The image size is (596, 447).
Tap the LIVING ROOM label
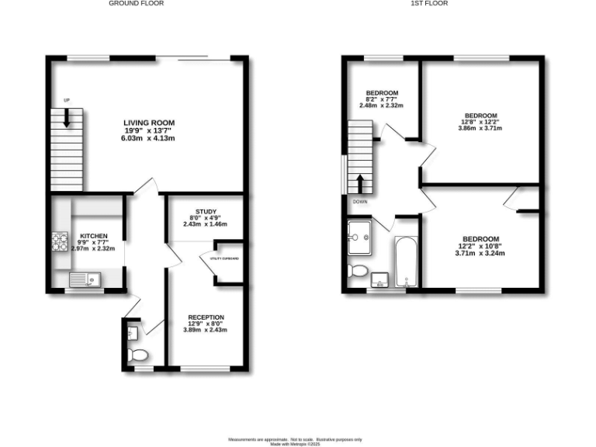click(x=147, y=123)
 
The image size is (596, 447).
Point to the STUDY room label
click(x=206, y=211)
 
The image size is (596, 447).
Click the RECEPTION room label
click(x=206, y=317)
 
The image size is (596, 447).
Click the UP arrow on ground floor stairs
click(x=67, y=116)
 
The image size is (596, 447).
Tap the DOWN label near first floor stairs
click(x=360, y=202)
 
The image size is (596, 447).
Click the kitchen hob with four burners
click(x=61, y=242)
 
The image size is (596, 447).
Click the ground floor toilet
click(x=138, y=355)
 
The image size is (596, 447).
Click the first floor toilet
click(x=357, y=271)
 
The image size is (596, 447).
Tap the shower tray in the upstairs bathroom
click(x=360, y=236)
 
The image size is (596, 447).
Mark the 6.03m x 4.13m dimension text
click(x=147, y=139)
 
